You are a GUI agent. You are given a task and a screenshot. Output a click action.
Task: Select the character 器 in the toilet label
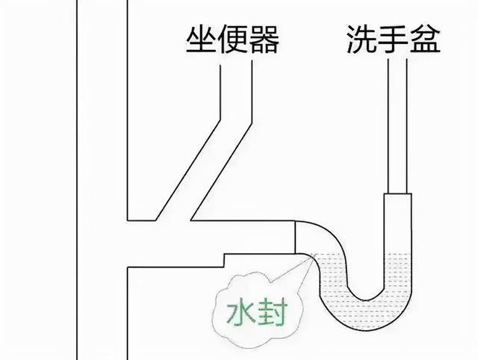[264, 40]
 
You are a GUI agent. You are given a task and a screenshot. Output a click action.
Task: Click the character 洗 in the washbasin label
[361, 39]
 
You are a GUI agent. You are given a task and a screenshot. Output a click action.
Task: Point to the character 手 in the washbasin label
[394, 39]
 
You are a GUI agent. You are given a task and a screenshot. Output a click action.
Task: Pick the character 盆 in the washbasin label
[425, 39]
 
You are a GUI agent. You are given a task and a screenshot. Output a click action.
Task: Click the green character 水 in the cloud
[240, 311]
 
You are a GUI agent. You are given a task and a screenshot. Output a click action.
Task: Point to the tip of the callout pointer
[313, 255]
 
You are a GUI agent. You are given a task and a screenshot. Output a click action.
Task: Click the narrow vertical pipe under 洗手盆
[397, 126]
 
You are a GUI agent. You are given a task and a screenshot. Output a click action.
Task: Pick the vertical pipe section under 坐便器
[236, 91]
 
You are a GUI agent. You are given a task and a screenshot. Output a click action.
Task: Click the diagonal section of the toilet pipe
[204, 171]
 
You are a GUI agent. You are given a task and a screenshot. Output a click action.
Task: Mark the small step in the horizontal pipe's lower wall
[224, 261]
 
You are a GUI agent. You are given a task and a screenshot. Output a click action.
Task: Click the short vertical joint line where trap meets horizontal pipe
[295, 238]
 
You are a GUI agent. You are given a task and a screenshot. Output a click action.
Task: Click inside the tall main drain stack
[102, 180]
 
